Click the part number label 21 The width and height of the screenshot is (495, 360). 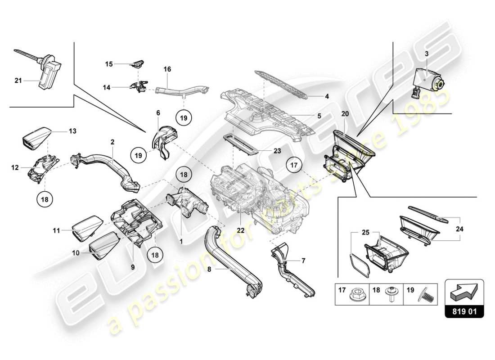tap(18, 81)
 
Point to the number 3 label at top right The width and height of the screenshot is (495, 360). tap(426, 54)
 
